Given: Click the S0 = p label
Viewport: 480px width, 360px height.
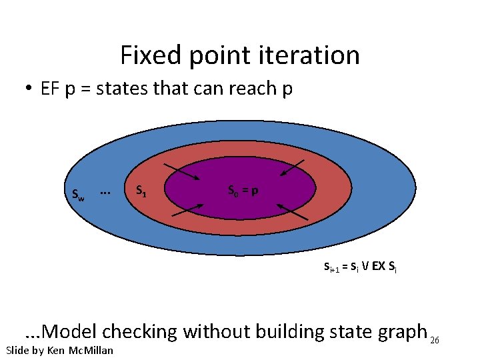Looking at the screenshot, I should click(243, 191).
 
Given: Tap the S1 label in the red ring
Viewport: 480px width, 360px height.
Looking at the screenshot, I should click(141, 191).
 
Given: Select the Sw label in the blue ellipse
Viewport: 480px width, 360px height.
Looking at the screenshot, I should click(78, 194).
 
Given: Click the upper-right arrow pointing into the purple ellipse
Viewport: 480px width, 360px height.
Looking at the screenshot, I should click(293, 168).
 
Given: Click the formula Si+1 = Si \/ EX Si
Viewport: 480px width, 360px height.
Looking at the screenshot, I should click(360, 267).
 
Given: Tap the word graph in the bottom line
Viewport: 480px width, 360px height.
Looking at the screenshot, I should click(399, 331).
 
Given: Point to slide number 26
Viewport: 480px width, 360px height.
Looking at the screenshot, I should click(435, 340).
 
